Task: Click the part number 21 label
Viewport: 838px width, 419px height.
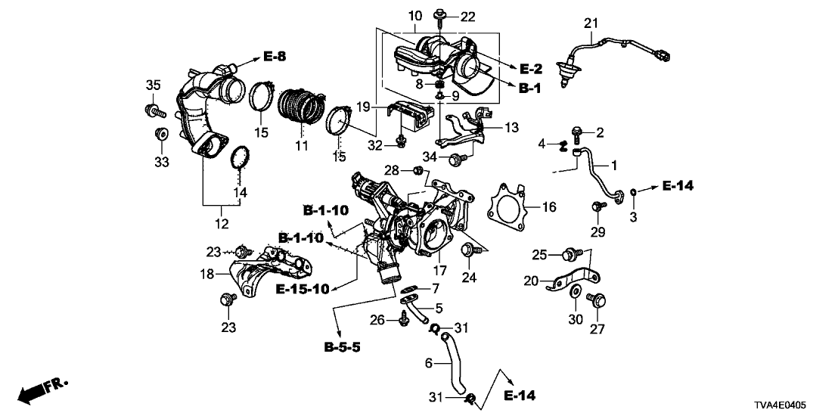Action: click(589, 25)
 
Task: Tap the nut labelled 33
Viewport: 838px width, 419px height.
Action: click(160, 135)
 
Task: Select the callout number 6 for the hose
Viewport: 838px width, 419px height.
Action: click(428, 363)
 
